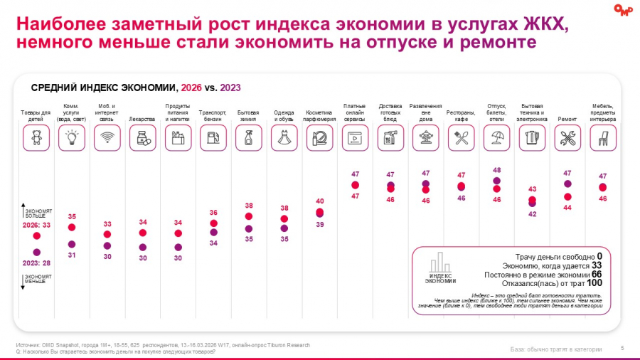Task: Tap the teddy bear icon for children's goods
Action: pos(36,137)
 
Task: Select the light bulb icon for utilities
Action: pos(71,137)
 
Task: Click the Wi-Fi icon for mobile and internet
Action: pos(107,137)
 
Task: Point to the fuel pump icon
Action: pos(213,137)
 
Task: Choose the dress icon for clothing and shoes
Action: pos(284,137)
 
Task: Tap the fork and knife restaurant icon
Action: pos(461,137)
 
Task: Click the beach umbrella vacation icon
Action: pos(496,137)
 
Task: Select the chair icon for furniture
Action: pos(602,137)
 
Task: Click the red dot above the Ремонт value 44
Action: pos(567,196)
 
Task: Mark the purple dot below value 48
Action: pos(496,181)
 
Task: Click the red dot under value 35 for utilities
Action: pos(71,228)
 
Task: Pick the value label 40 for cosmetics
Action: pos(319,201)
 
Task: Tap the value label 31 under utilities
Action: pos(71,255)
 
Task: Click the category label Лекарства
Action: pos(142,120)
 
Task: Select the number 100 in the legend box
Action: pos(594,282)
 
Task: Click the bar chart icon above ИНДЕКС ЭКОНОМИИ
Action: pos(441,262)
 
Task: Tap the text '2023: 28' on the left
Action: pos(36,263)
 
